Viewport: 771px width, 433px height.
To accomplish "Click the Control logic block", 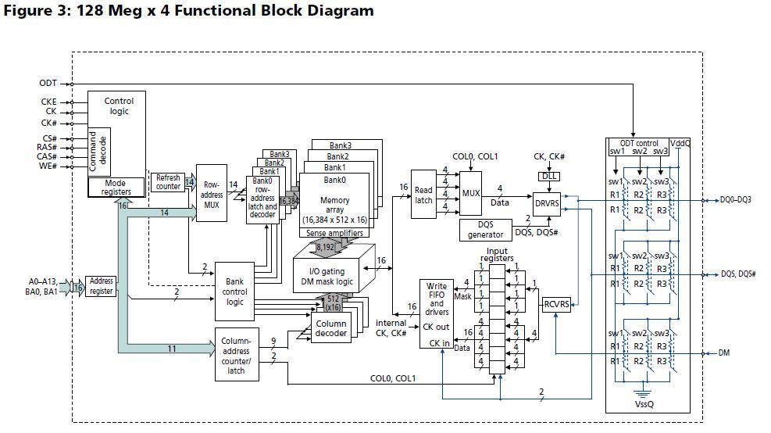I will [x=118, y=106].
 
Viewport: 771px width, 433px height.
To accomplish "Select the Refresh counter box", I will [x=167, y=182].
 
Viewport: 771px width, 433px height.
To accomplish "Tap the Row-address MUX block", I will [x=211, y=195].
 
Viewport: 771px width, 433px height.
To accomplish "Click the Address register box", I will [x=101, y=286].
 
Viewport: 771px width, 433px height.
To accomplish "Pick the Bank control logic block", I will [x=234, y=291].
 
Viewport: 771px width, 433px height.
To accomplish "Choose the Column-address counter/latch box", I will [x=236, y=355].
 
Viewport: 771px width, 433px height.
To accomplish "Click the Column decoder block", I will [x=330, y=328].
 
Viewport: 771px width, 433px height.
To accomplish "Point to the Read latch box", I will [x=423, y=195].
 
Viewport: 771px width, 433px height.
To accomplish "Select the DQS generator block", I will [x=485, y=229].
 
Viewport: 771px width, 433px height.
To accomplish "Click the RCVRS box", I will [x=556, y=305].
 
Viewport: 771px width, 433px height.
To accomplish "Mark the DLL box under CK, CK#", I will [x=549, y=176].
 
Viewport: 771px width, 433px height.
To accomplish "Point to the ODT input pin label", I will [x=48, y=83].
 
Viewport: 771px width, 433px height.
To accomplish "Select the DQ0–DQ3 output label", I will [x=736, y=200].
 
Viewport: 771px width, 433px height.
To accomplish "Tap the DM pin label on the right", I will [x=723, y=353].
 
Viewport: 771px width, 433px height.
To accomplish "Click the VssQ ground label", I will [x=644, y=406].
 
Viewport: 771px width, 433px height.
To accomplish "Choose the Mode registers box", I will [x=117, y=188].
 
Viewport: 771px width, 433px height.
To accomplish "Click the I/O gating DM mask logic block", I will [x=334, y=276].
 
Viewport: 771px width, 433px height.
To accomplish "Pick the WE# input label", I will [x=49, y=166].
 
